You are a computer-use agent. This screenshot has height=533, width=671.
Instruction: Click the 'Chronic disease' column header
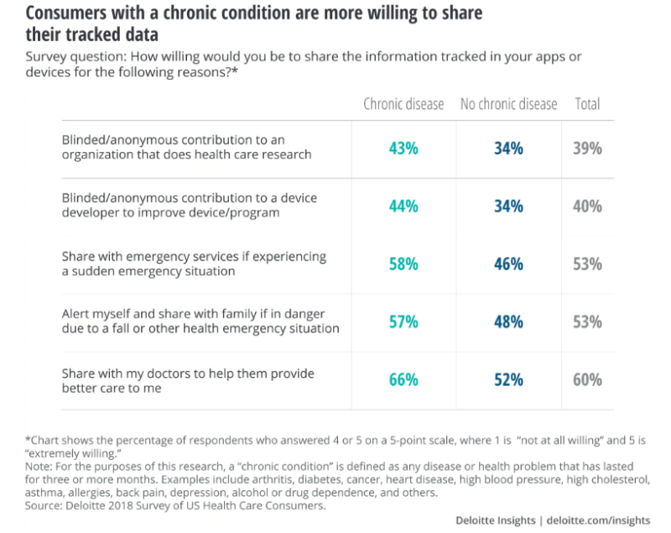403,104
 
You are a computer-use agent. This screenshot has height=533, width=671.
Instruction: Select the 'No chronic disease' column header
509,104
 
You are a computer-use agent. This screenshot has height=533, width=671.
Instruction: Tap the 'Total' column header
588,104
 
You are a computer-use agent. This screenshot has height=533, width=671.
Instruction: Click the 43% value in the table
403,149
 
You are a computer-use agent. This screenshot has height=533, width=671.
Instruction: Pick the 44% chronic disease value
403,206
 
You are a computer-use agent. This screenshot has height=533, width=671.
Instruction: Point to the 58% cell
403,264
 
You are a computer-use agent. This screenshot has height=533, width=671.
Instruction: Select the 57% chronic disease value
403,322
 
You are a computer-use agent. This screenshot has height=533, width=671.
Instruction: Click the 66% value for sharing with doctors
403,379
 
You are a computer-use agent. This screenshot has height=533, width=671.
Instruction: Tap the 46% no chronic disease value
509,264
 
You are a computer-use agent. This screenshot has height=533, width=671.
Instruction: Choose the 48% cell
509,322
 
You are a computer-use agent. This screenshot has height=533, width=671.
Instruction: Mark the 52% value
509,379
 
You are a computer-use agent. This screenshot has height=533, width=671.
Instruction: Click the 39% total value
588,149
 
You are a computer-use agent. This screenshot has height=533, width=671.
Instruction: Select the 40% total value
588,206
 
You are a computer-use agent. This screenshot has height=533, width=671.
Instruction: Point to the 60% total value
588,379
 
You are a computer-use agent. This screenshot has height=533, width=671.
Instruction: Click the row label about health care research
186,147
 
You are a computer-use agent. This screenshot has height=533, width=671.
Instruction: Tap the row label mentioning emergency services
194,264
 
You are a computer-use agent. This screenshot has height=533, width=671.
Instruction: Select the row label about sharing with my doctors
188,380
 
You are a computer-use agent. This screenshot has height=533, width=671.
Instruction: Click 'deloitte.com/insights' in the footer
598,520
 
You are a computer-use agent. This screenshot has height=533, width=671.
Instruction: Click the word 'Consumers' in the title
66,13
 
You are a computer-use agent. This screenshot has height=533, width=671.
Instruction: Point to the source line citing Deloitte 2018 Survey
175,505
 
